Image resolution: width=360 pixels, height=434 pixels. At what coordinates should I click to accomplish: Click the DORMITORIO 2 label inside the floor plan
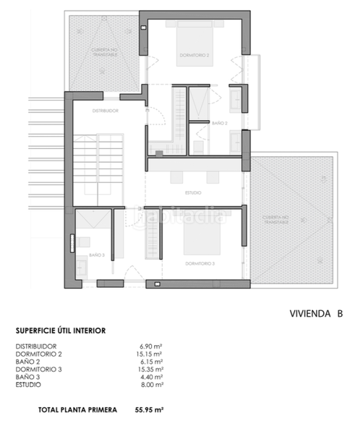(194, 55)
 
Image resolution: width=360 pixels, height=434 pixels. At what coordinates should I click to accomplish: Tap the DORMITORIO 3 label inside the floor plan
(200, 263)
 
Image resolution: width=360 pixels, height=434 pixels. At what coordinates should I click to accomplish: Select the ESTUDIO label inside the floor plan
(193, 192)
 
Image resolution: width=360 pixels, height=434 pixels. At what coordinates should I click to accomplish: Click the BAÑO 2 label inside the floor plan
(220, 124)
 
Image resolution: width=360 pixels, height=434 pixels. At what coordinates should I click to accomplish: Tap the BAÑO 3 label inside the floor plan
(97, 255)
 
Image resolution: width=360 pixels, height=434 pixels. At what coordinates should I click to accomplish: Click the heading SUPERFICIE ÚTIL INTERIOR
(61, 331)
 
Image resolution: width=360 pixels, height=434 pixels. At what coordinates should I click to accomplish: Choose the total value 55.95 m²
(150, 409)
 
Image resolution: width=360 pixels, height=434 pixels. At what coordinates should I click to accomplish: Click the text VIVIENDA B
(315, 314)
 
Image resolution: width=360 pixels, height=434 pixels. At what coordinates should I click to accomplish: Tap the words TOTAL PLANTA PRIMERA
(77, 409)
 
